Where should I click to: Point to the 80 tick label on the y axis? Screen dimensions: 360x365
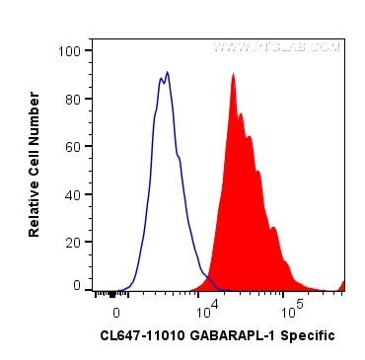pyautogui.click(x=73, y=98)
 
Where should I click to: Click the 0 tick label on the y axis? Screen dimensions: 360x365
pyautogui.click(x=77, y=285)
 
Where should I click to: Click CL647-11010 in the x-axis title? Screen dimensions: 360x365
pyautogui.click(x=139, y=336)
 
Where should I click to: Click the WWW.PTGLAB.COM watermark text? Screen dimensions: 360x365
pyautogui.click(x=276, y=47)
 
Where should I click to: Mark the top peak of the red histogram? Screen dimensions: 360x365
pyautogui.click(x=234, y=75)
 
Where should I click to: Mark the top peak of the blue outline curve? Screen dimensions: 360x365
pyautogui.click(x=168, y=72)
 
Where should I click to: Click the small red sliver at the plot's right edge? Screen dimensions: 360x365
pyautogui.click(x=341, y=286)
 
